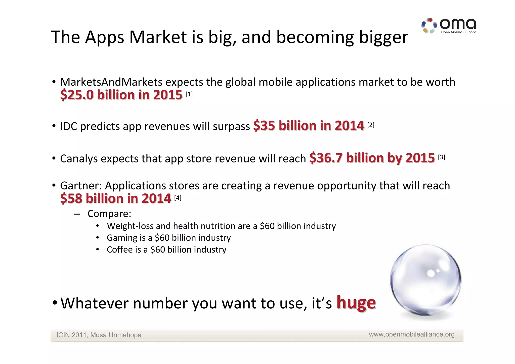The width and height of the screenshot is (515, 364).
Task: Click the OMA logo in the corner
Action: (449, 26)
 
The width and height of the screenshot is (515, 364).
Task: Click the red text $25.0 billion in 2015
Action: (121, 95)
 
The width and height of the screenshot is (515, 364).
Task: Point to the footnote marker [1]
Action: (189, 94)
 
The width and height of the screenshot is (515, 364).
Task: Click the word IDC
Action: (68, 126)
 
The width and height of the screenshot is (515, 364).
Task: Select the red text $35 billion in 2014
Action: (309, 126)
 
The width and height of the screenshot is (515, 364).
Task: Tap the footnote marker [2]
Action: (371, 125)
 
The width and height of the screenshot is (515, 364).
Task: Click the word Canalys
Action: (79, 159)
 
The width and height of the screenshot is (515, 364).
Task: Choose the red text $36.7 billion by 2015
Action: (372, 158)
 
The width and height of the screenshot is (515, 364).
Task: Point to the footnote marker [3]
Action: (441, 157)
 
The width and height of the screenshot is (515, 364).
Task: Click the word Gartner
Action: (80, 186)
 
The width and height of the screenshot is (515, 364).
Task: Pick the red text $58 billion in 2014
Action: (116, 198)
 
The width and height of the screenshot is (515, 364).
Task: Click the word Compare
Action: (109, 214)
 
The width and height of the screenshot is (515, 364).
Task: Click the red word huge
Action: (356, 303)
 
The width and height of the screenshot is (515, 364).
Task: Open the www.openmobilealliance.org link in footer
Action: (412, 334)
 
